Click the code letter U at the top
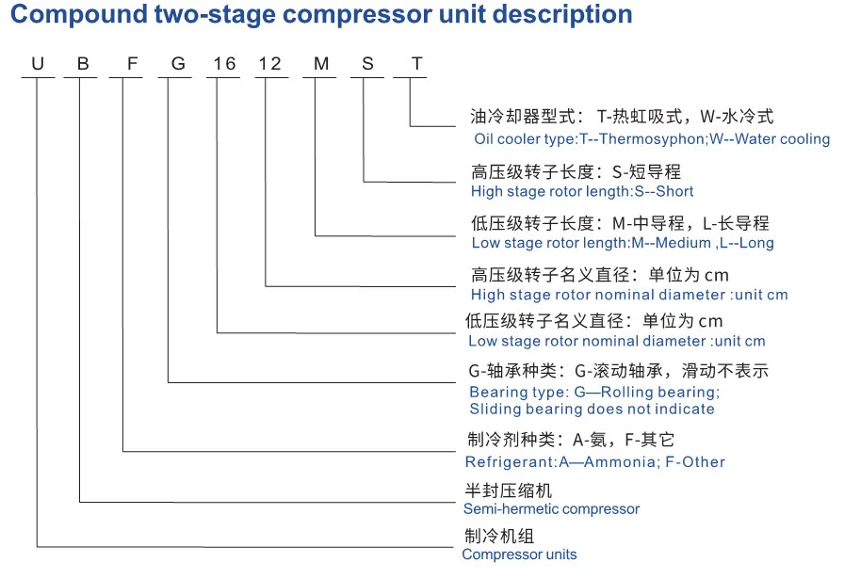coord(39,64)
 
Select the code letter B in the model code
coord(83,64)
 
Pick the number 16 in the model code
coord(223,64)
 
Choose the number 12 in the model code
coord(269,64)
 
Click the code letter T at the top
coord(416,64)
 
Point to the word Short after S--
coord(672,191)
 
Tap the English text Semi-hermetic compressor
coord(551,508)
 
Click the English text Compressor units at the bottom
coord(519,555)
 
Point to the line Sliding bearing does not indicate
coord(592,409)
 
